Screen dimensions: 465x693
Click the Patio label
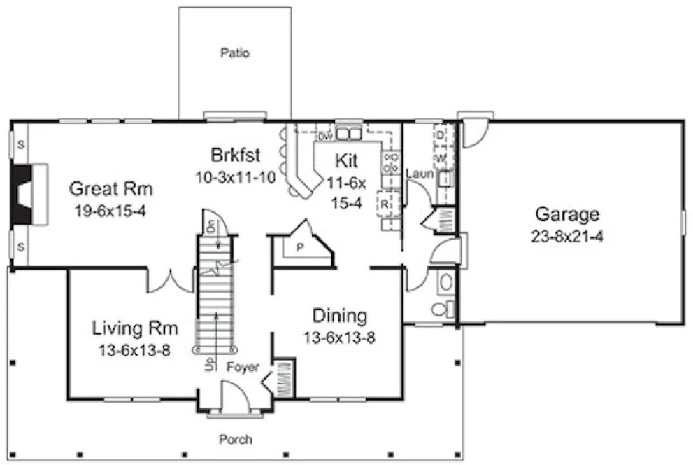click(x=235, y=53)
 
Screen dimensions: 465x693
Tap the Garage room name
click(x=567, y=214)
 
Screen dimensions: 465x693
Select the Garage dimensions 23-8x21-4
click(x=567, y=237)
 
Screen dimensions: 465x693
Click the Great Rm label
click(x=111, y=188)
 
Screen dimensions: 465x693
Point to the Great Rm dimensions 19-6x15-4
click(x=111, y=210)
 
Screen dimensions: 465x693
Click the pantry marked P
click(x=299, y=247)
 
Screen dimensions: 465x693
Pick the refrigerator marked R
click(x=385, y=204)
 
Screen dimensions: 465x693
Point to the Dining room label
click(x=339, y=316)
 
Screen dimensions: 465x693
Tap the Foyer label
click(x=243, y=367)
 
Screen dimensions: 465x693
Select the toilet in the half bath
click(x=440, y=308)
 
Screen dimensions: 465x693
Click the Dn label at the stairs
click(x=212, y=225)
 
